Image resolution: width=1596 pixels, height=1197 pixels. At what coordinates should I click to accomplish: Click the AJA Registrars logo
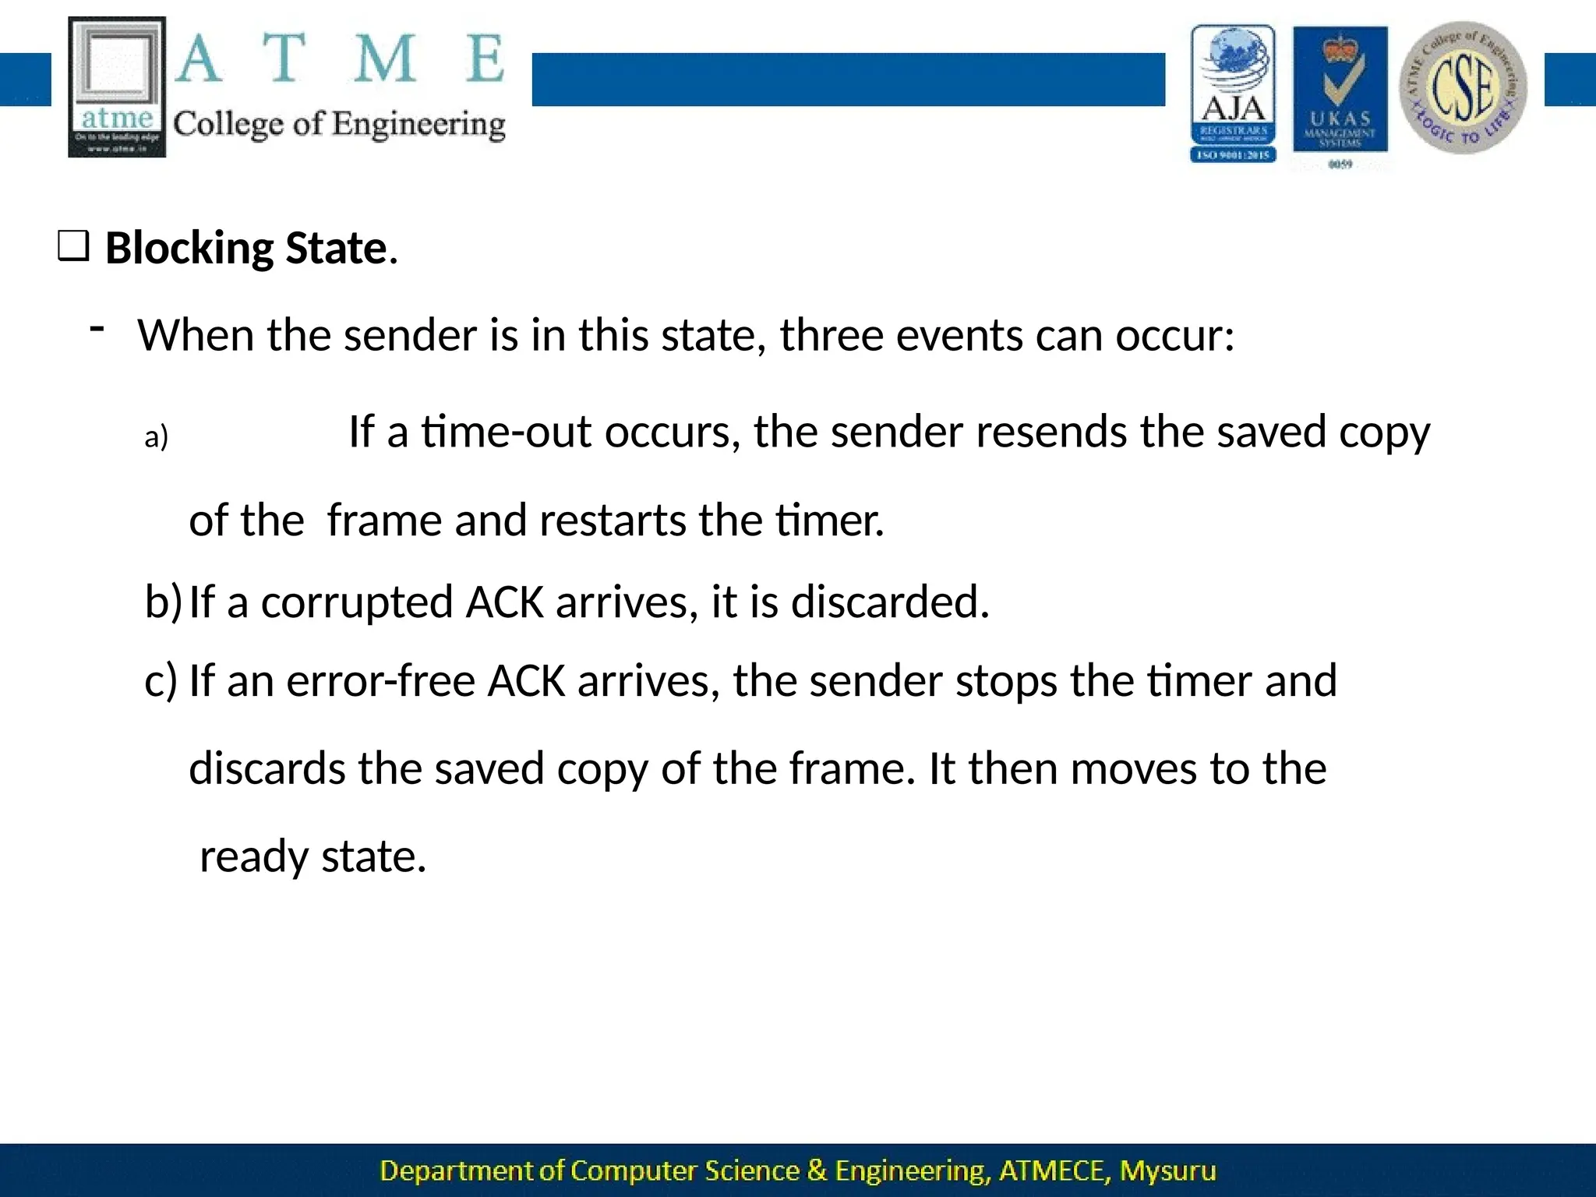[x=1233, y=94]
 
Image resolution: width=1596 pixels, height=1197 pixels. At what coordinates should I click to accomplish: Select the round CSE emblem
[x=1463, y=87]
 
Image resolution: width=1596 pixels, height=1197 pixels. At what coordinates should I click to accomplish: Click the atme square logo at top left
[x=117, y=87]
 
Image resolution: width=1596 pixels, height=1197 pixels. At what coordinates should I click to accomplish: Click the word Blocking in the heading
[x=189, y=249]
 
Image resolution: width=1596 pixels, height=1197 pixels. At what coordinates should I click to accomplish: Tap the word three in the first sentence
[x=831, y=336]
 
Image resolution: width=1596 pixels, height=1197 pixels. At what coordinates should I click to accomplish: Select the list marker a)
[x=156, y=437]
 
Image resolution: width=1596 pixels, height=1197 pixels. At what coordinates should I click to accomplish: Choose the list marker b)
[x=163, y=602]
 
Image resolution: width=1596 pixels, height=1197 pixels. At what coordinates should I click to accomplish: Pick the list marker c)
[x=161, y=680]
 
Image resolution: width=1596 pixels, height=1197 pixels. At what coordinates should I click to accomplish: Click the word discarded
[x=889, y=602]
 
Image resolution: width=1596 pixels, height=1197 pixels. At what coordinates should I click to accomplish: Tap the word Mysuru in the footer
[x=1167, y=1171]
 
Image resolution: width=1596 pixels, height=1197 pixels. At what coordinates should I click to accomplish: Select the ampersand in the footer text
[x=817, y=1171]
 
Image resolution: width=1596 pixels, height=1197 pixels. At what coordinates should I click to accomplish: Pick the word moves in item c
[x=1133, y=768]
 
